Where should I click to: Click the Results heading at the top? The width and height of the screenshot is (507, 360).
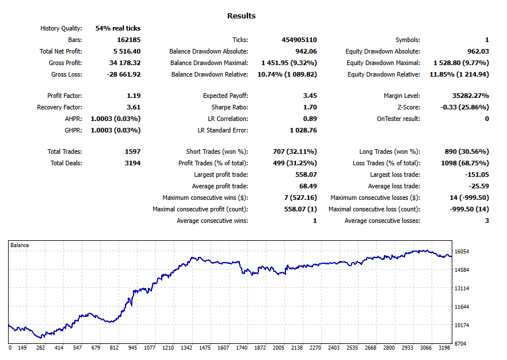pos(241,16)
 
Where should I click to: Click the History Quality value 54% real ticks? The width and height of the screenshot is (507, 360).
pos(118,28)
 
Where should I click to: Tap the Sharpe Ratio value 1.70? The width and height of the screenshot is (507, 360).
pos(310,107)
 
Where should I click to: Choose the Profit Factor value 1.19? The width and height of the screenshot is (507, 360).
pos(133,96)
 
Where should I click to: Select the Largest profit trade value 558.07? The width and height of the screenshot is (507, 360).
pos(306,175)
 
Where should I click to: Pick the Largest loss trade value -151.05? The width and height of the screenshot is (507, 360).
pos(476,175)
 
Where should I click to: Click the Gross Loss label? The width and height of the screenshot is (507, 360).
pos(67,74)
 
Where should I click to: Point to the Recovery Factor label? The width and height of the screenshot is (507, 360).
pos(59,107)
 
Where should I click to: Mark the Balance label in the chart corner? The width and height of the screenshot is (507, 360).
pos(20,245)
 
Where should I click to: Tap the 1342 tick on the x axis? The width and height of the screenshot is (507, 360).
pos(186,348)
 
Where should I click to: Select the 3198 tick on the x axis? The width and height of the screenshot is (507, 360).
pos(444,348)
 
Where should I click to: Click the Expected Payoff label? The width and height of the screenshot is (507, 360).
pos(226,96)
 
